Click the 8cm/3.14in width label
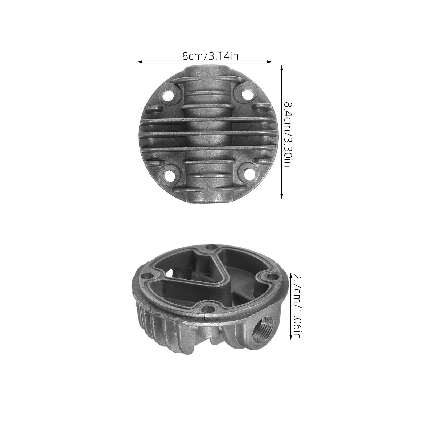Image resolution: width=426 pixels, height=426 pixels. click(x=210, y=56)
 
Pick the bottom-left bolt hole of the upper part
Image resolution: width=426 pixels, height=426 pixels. click(x=169, y=175)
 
